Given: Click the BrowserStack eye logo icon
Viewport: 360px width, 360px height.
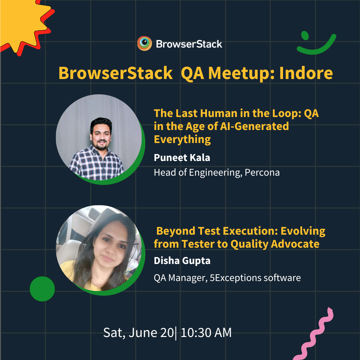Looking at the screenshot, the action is pyautogui.click(x=144, y=43).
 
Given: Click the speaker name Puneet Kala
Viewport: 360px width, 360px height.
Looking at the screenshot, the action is pyautogui.click(x=182, y=158).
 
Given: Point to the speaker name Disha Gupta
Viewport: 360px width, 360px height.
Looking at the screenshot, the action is pyautogui.click(x=182, y=261).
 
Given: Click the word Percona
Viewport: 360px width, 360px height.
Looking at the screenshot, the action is pyautogui.click(x=262, y=173).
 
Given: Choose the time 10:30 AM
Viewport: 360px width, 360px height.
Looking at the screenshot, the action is pyautogui.click(x=206, y=333).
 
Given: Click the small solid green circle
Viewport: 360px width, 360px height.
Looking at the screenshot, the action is pyautogui.click(x=42, y=289).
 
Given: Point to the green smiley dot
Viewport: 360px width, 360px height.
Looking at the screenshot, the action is pyautogui.click(x=305, y=35).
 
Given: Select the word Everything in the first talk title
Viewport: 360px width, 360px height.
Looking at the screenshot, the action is pyautogui.click(x=182, y=140).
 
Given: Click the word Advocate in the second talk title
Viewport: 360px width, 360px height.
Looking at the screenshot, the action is pyautogui.click(x=295, y=244).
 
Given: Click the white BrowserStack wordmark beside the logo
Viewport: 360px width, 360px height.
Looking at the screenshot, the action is pyautogui.click(x=189, y=44).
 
